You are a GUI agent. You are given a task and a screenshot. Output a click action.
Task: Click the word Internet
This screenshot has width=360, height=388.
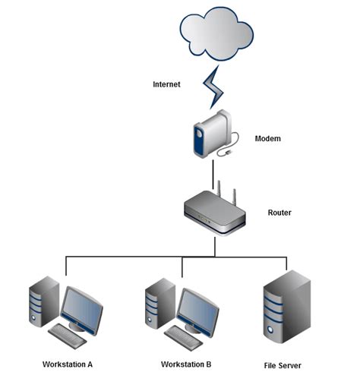click(166, 85)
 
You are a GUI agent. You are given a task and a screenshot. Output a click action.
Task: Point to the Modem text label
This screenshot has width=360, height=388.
click(267, 139)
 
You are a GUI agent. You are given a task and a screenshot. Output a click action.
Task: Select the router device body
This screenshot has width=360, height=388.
click(215, 216)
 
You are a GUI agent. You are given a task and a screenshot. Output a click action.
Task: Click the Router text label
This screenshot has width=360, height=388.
click(279, 213)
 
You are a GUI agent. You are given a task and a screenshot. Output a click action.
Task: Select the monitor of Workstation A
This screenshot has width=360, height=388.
click(82, 309)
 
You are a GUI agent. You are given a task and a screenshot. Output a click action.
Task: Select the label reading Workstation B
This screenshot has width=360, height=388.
click(186, 364)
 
